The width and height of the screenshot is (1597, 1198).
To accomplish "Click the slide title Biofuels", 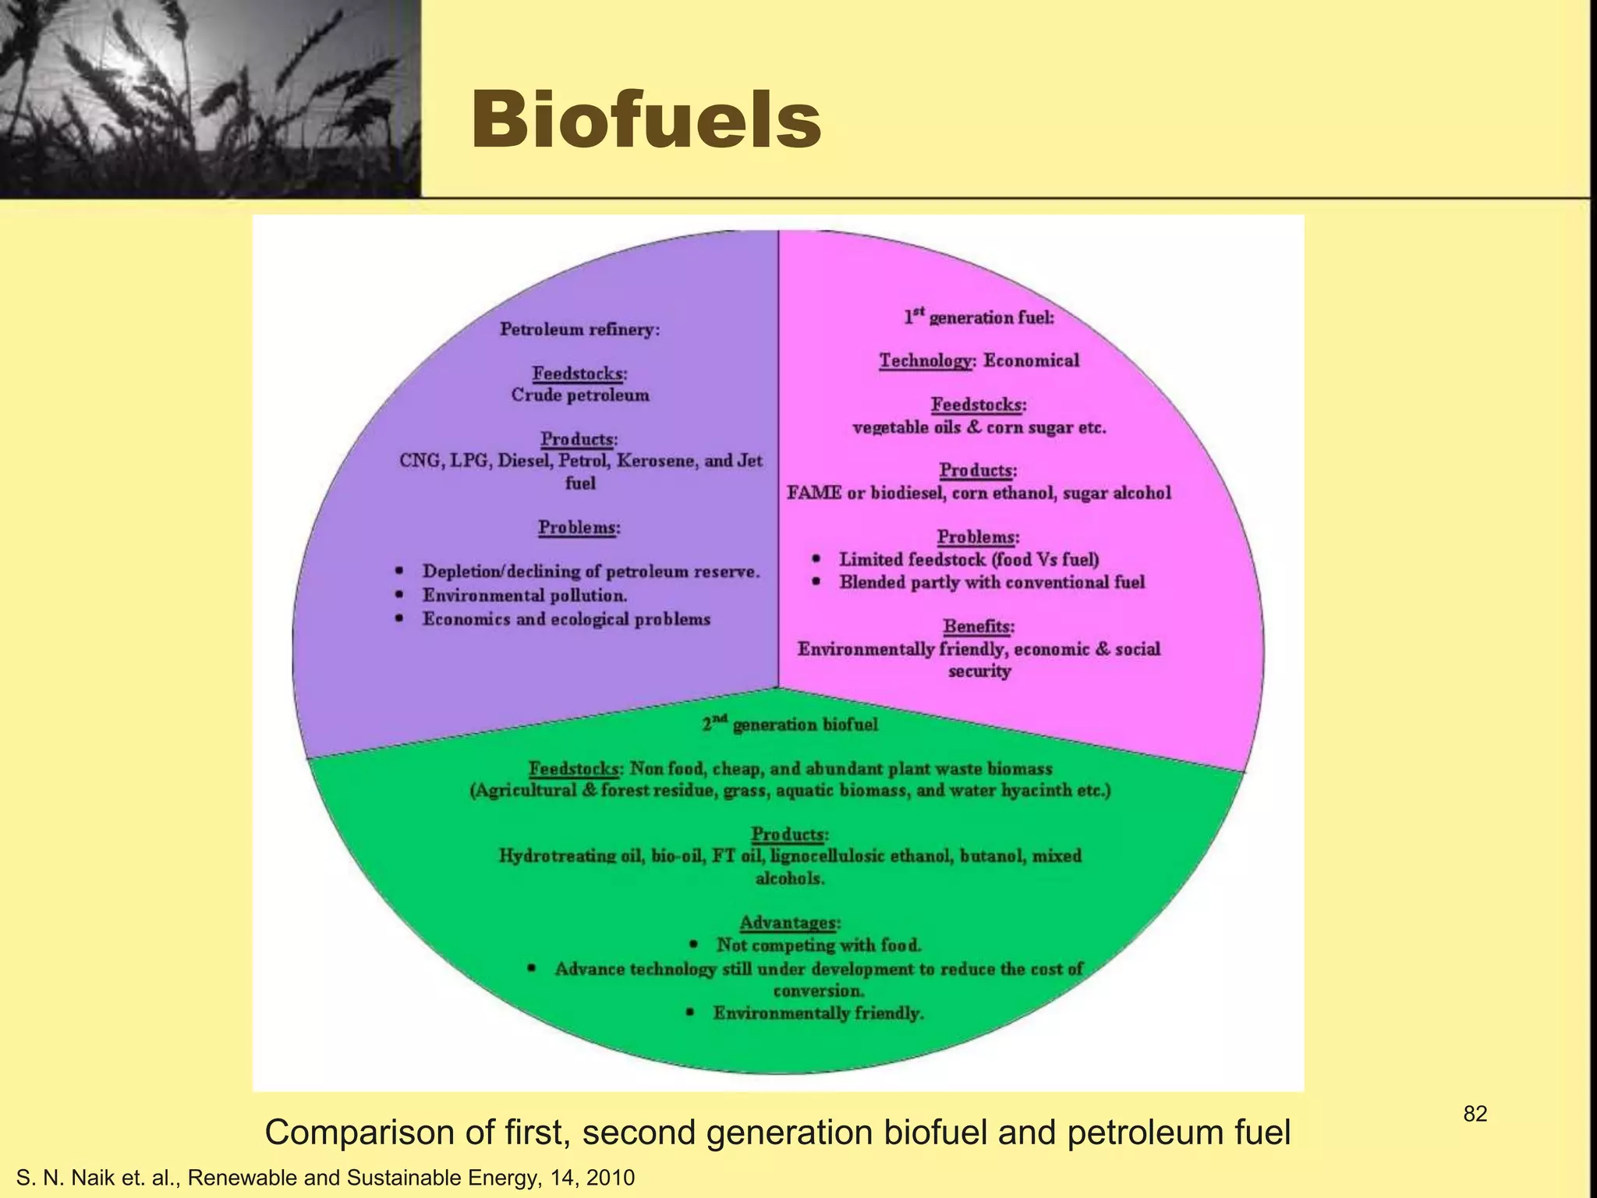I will click(x=646, y=121).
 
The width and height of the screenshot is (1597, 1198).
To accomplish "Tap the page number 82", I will click(x=1475, y=1114).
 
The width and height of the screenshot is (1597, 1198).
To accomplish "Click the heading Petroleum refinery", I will click(x=579, y=329).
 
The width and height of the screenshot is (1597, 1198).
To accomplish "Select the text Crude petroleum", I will click(x=579, y=395).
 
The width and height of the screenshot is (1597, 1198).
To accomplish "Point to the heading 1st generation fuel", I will click(x=979, y=317).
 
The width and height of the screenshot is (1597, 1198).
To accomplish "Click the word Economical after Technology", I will click(x=1031, y=360).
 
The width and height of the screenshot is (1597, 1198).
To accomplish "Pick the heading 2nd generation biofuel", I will click(x=789, y=725).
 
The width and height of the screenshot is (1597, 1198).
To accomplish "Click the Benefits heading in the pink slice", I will click(x=978, y=626).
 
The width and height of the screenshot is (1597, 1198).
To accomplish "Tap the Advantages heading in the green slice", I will click(x=789, y=923).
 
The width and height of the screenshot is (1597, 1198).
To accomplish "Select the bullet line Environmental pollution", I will click(x=524, y=596).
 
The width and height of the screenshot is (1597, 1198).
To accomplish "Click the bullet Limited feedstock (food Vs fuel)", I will click(x=968, y=559).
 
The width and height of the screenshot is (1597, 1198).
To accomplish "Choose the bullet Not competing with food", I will click(x=819, y=945).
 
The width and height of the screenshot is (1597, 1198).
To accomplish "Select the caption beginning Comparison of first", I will click(x=777, y=1132).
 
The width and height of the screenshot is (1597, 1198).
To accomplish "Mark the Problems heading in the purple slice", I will click(x=579, y=527).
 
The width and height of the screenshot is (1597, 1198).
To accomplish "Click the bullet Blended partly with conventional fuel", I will click(x=991, y=583).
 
